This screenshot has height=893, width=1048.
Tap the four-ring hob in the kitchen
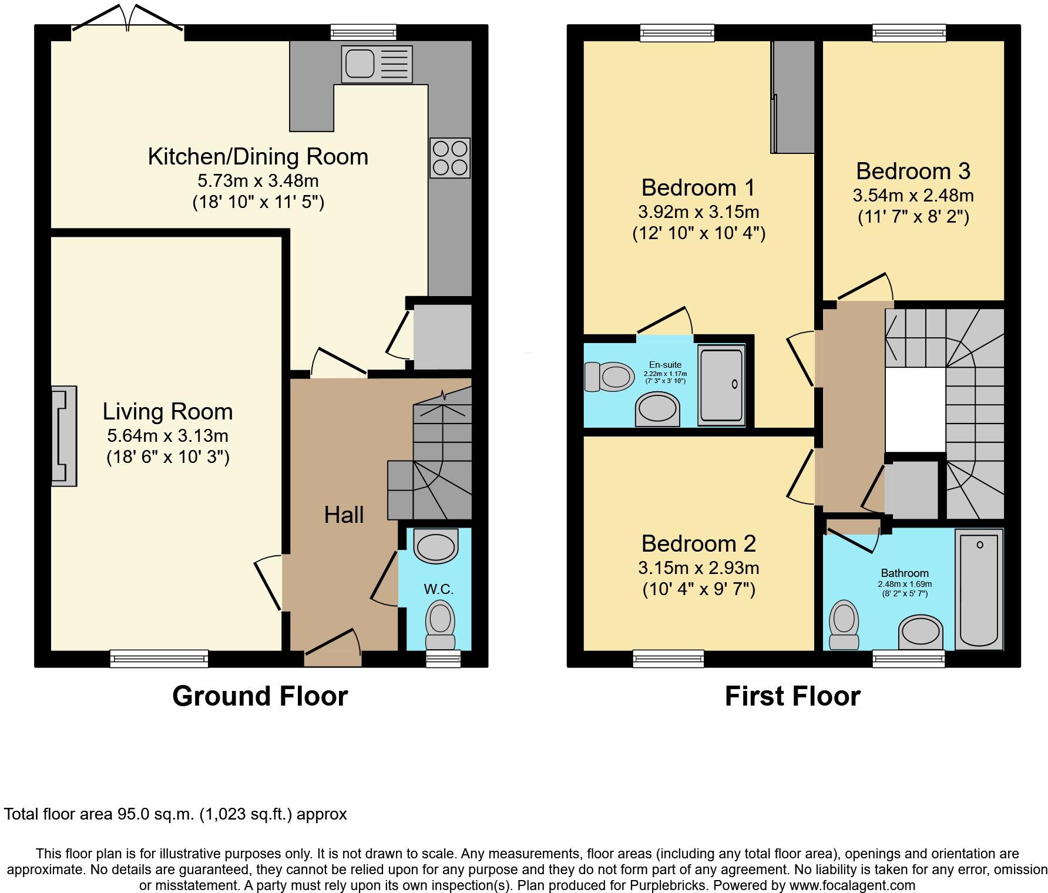click(x=450, y=157)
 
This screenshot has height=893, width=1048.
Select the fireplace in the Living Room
click(x=64, y=435)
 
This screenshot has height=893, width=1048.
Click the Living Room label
click(x=167, y=411)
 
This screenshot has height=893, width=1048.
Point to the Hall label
click(x=344, y=515)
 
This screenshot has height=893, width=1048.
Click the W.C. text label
click(x=439, y=589)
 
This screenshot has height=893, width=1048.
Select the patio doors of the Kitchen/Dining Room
click(x=127, y=23)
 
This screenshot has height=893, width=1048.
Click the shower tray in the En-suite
click(x=721, y=385)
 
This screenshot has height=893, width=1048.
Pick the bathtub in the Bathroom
click(x=979, y=589)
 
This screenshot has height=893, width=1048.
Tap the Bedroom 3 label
click(x=912, y=171)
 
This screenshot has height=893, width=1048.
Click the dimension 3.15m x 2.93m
click(x=698, y=568)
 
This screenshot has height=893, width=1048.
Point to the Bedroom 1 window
click(x=677, y=33)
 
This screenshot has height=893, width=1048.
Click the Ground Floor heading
click(x=260, y=696)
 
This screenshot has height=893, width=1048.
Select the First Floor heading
click(x=792, y=696)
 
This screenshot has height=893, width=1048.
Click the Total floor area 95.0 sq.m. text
click(x=175, y=814)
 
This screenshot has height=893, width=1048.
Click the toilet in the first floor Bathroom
click(x=844, y=625)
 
